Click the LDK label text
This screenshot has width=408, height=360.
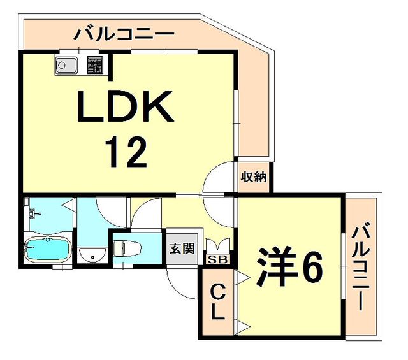124,106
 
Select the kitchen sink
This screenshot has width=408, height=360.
66,65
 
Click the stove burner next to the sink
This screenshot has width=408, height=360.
95,64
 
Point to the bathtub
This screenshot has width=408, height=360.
47,249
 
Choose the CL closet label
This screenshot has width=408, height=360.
217,303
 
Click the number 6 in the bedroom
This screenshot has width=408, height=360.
312,270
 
